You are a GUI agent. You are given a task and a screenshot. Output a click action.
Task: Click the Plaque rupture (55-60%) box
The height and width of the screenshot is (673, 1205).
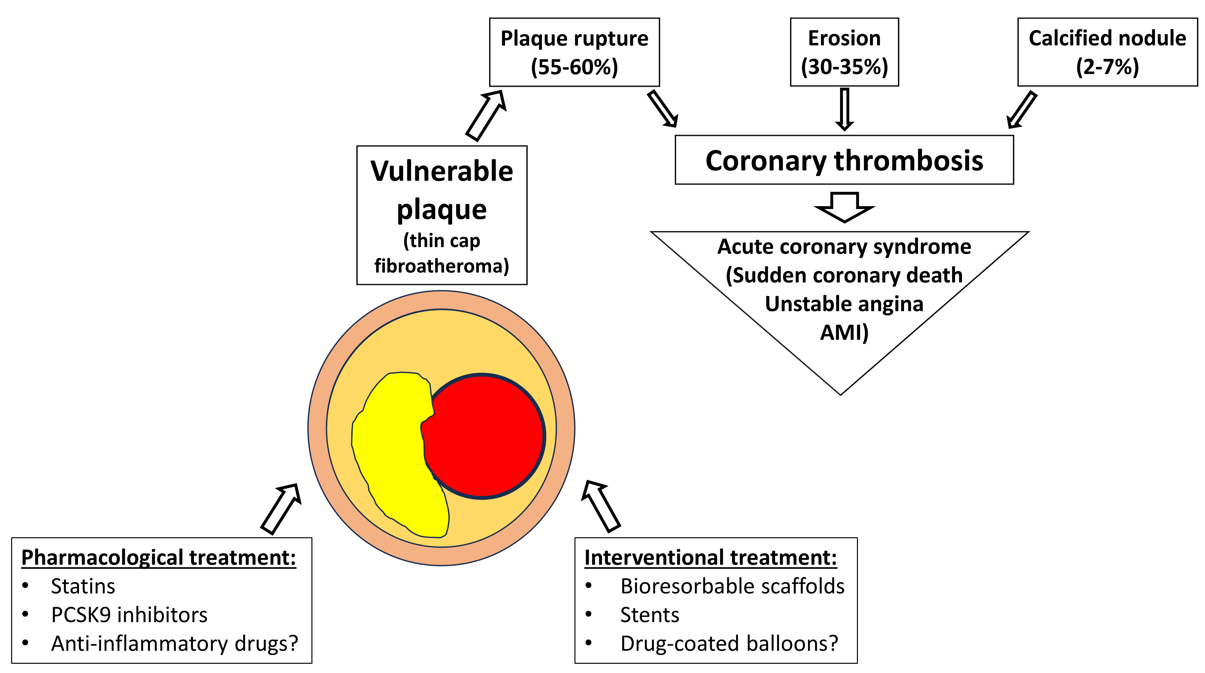coord(574,52)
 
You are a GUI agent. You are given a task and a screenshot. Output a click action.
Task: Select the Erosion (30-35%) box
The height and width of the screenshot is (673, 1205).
coord(844,52)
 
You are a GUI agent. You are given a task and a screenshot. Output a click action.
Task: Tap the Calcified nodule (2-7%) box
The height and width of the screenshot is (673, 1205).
coord(1107,52)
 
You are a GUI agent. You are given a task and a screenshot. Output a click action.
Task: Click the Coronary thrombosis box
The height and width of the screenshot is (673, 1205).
coord(844,160)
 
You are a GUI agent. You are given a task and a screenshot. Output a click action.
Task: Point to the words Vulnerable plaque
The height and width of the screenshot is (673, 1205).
coord(442,190)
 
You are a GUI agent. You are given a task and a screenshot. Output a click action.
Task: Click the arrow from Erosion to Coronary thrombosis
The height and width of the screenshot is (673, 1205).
coord(844,109)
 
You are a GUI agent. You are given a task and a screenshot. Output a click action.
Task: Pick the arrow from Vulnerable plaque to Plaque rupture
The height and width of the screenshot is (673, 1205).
coord(486,116)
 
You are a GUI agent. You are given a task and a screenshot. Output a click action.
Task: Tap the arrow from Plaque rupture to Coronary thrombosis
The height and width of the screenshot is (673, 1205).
coord(662,109)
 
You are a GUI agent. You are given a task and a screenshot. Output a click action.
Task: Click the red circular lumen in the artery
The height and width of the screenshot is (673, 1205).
coord(487,435)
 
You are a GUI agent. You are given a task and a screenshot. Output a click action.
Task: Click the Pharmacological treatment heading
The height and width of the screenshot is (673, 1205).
coord(159,557)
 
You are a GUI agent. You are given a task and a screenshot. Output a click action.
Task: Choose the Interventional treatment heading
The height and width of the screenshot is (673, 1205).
coord(710,557)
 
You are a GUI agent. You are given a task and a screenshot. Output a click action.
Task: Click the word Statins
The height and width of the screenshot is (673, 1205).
coord(83,586)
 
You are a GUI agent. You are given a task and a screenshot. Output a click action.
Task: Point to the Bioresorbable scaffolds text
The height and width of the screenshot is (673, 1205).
coord(732,586)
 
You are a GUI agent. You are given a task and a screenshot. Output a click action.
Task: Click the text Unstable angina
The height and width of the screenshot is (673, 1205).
coord(844,304)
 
